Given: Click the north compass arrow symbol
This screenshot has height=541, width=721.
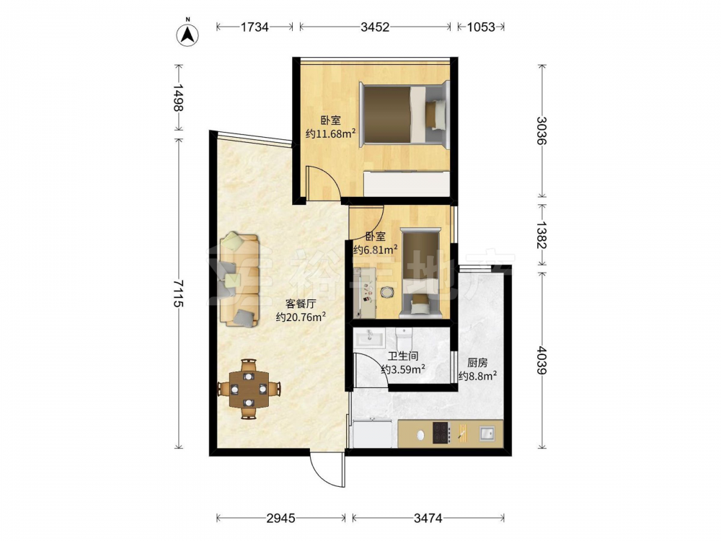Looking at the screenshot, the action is (x=187, y=33).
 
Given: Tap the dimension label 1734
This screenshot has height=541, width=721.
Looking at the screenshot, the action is (x=255, y=27).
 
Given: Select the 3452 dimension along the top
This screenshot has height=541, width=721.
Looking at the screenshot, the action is (x=375, y=27).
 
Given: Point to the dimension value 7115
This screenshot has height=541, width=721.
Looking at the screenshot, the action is (x=178, y=294).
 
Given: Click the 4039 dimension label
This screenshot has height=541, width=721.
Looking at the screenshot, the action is (x=541, y=360).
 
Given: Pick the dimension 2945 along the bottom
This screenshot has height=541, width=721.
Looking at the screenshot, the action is (x=280, y=519).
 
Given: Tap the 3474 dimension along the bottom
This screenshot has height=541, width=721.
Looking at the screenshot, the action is (x=428, y=519).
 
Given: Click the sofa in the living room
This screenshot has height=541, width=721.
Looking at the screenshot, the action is (x=239, y=280).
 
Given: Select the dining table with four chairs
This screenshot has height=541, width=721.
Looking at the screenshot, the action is (x=249, y=389).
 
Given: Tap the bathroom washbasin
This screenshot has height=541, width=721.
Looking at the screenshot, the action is (x=368, y=338).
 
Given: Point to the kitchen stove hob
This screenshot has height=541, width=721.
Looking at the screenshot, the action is (x=441, y=433).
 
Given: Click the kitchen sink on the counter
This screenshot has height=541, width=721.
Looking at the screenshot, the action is (x=487, y=433).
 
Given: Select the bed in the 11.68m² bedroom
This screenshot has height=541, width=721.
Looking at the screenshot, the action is (x=404, y=115).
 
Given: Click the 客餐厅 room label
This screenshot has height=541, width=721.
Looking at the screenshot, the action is (x=301, y=304).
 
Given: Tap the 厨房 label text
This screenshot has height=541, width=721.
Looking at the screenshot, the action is (x=477, y=363).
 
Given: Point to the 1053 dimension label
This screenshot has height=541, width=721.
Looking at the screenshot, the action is (x=481, y=27).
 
